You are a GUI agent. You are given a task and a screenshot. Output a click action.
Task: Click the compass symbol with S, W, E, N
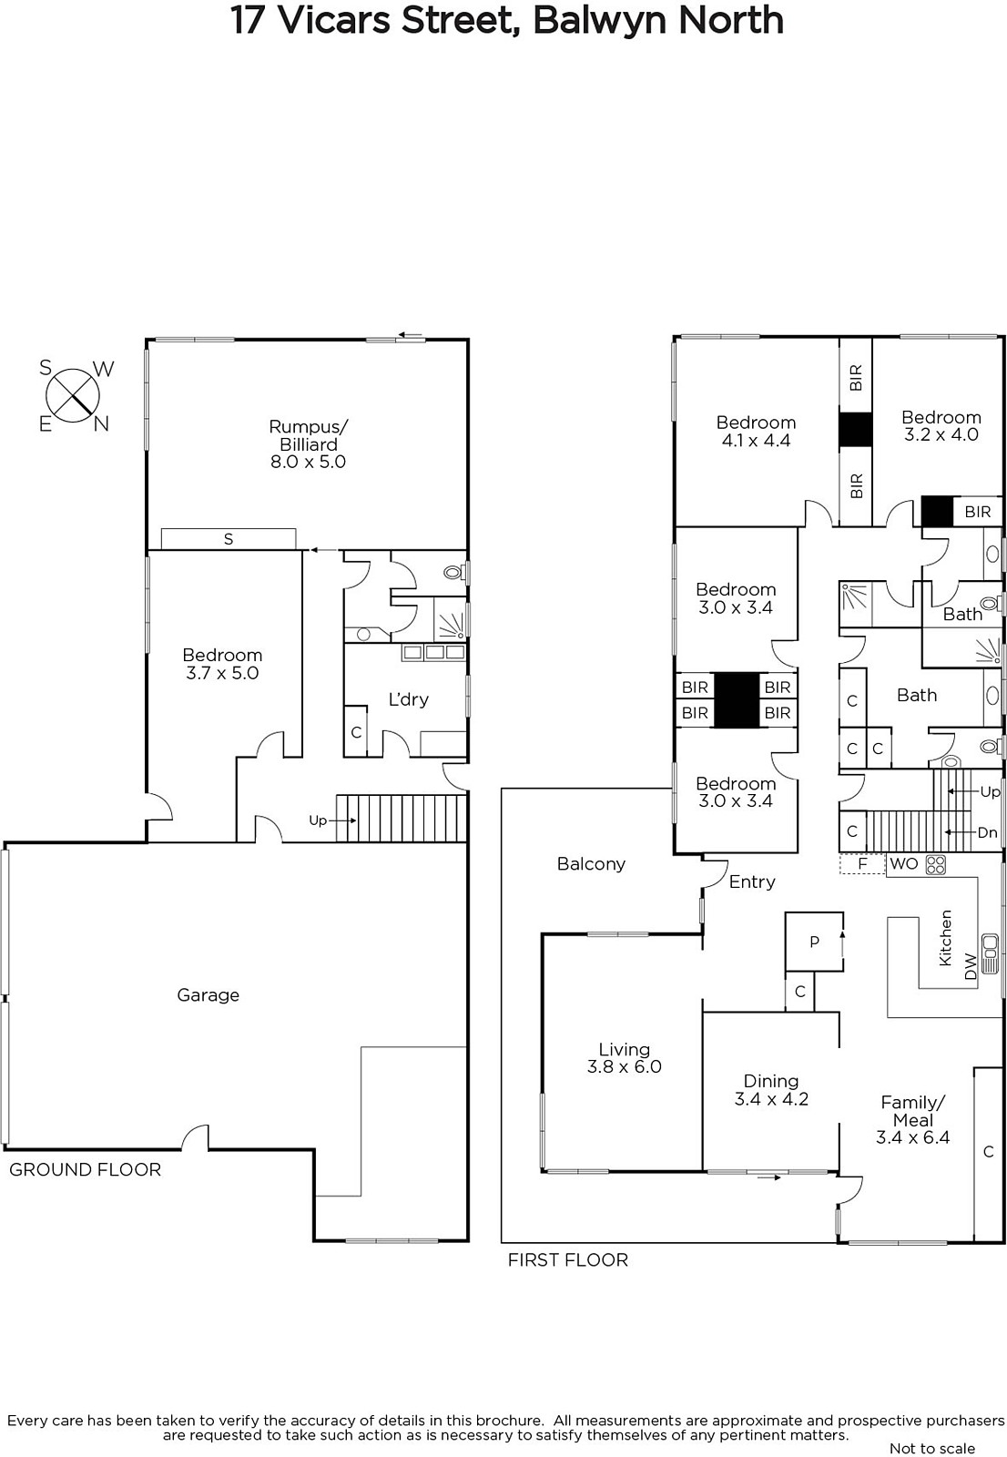tap(73, 395)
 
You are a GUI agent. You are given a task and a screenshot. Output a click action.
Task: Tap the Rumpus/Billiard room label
tap(309, 444)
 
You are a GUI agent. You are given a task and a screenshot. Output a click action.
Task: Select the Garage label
tap(209, 994)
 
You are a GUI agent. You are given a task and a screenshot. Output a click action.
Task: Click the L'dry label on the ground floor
tap(409, 699)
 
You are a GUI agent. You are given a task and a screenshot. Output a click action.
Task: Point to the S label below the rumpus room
tap(229, 538)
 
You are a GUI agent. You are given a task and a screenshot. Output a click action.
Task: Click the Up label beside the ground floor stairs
tap(318, 820)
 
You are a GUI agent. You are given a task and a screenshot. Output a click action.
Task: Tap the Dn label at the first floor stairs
tap(988, 832)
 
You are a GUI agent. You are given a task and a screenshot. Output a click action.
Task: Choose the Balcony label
tap(591, 864)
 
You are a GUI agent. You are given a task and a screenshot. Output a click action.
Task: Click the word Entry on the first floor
tap(752, 882)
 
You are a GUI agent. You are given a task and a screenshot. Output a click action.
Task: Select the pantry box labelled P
tap(814, 942)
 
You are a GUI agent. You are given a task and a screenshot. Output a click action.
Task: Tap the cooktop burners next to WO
tap(935, 864)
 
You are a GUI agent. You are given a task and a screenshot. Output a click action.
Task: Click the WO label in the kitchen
tap(903, 864)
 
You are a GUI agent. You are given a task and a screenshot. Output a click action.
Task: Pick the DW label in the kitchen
tap(970, 966)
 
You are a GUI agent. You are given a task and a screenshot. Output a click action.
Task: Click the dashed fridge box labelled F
tap(862, 864)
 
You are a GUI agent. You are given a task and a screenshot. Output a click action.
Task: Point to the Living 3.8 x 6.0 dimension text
tap(625, 1066)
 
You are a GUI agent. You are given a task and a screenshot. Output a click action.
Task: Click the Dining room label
tap(771, 1081)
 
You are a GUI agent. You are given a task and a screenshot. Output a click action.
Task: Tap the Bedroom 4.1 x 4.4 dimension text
tap(756, 441)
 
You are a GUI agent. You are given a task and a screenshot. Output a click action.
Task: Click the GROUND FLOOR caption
tap(86, 1170)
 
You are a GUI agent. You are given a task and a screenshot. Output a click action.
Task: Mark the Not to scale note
tap(932, 1448)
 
